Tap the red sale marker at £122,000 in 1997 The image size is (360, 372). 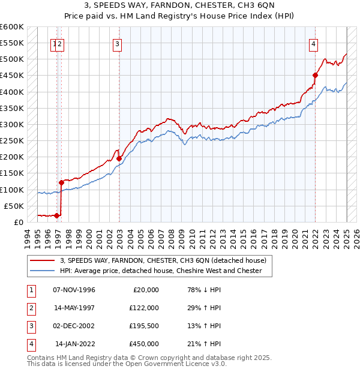61,182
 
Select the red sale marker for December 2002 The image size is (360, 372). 119,158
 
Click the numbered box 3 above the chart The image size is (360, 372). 117,43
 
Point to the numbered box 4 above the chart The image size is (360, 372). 314,43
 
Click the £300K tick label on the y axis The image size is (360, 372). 12,124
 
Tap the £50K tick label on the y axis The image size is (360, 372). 14,206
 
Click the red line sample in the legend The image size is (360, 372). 43,260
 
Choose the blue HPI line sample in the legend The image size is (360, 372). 43,271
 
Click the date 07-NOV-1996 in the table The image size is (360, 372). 74,290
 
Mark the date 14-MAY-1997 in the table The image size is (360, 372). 74,308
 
